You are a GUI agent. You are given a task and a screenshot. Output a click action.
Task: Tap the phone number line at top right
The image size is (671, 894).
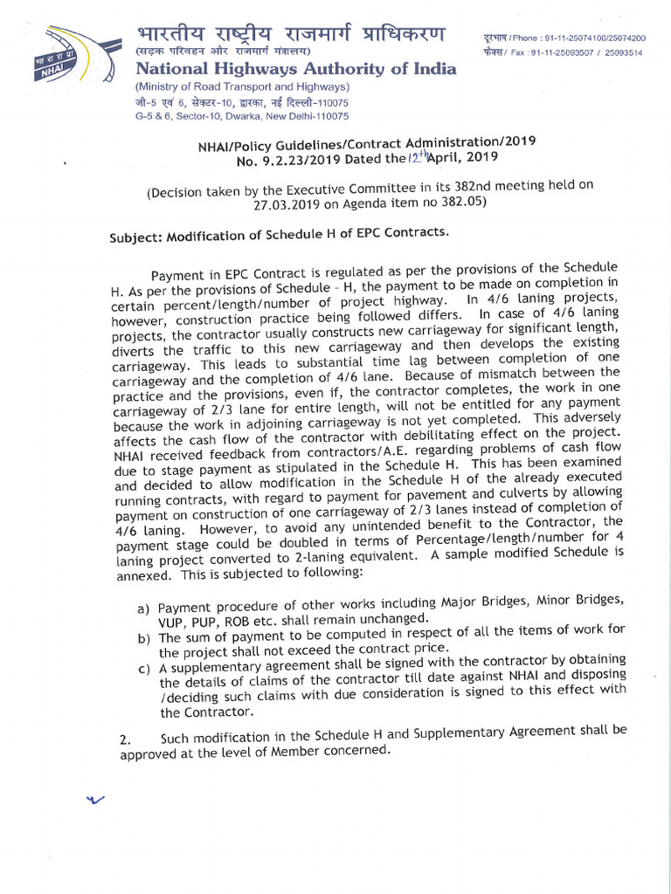pyautogui.click(x=564, y=38)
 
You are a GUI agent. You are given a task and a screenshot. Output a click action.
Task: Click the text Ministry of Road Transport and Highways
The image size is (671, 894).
pyautogui.click(x=242, y=87)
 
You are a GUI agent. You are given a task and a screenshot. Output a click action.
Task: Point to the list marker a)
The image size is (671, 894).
pyautogui.click(x=143, y=608)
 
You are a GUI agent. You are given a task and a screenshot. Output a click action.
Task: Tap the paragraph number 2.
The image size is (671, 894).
pyautogui.click(x=125, y=741)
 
